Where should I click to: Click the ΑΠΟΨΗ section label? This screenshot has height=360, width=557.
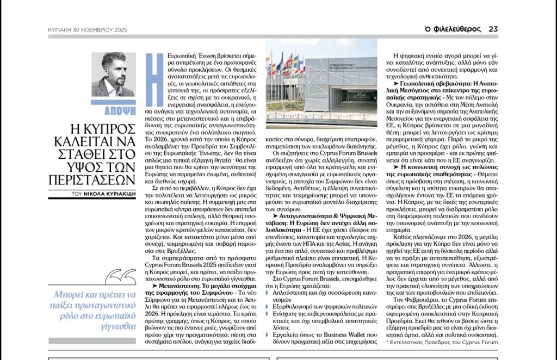(113, 108)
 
